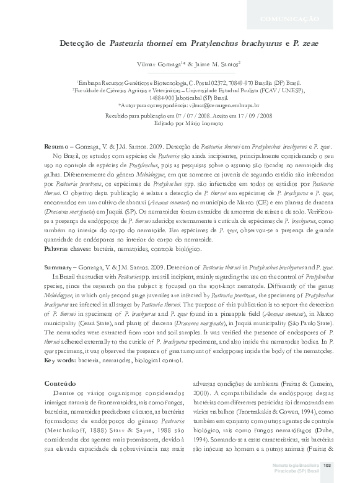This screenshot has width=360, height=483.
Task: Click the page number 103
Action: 328,466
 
